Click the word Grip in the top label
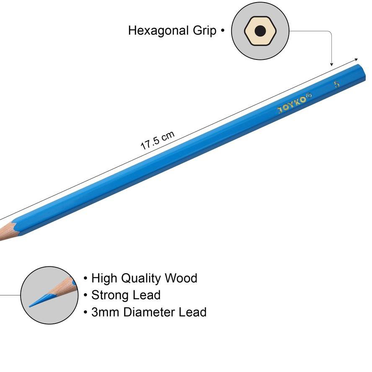(x=205, y=31)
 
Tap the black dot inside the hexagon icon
(x=260, y=31)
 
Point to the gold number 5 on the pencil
(x=337, y=84)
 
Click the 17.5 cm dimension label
(x=157, y=140)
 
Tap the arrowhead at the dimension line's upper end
(x=356, y=60)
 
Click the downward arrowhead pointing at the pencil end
(x=332, y=65)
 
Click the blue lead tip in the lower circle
(x=37, y=301)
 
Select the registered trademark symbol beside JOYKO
(x=309, y=96)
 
